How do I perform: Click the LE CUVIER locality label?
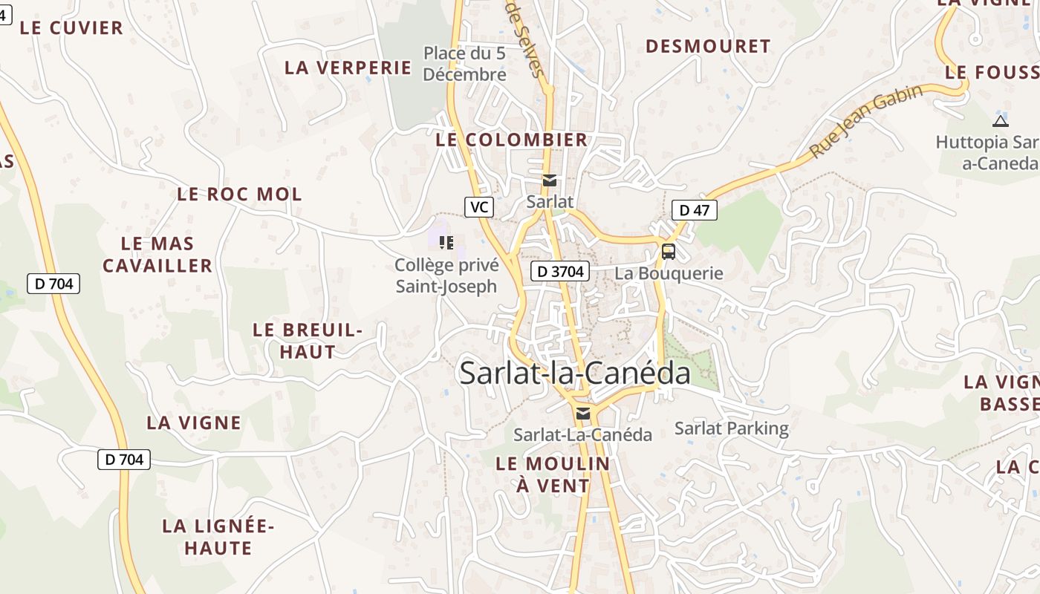tap(71, 28)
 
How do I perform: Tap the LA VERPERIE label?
tap(348, 68)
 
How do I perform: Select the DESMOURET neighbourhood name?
tap(708, 46)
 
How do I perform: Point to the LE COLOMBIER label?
tap(512, 140)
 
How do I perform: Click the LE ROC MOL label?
tap(239, 195)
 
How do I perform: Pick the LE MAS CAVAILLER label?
tap(157, 255)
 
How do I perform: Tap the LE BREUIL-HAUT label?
tap(308, 341)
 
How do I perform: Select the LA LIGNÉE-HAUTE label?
tap(218, 538)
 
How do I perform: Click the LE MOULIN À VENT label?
tap(553, 474)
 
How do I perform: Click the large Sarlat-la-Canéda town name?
tap(575, 373)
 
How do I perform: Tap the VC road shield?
tap(479, 207)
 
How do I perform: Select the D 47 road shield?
tap(695, 210)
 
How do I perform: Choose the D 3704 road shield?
tap(560, 272)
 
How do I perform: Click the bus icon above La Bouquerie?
tap(669, 251)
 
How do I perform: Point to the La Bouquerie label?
tap(669, 273)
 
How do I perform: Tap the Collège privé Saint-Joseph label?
tap(446, 275)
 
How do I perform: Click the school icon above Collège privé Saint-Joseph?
tap(446, 242)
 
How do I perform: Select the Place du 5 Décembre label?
tap(465, 64)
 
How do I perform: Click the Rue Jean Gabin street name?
tap(865, 120)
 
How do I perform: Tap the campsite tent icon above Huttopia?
tap(1001, 121)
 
